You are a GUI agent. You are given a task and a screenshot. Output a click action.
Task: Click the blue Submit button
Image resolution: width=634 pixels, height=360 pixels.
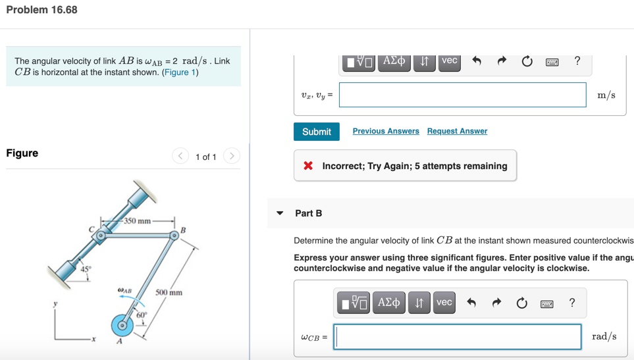(x=317, y=132)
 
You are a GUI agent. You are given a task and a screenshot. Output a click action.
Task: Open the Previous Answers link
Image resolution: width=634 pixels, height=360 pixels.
(x=386, y=131)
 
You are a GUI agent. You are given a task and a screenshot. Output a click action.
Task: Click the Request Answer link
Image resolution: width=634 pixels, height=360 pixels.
(x=457, y=131)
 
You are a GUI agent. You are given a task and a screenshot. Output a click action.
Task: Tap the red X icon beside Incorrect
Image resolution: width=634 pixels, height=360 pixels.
(x=308, y=166)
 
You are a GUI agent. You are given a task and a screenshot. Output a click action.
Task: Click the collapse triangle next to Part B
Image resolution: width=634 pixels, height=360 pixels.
(x=280, y=213)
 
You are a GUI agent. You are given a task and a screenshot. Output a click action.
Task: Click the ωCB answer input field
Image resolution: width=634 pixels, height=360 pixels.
(x=458, y=336)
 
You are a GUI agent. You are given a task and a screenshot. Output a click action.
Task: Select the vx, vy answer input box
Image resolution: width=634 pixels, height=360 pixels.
(x=462, y=95)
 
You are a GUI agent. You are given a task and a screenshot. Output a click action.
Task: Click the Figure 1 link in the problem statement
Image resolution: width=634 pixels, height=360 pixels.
(x=180, y=72)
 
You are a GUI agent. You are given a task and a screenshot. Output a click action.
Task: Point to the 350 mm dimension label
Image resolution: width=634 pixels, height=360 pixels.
(x=137, y=220)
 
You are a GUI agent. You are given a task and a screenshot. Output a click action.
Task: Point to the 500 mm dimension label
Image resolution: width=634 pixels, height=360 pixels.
(x=169, y=292)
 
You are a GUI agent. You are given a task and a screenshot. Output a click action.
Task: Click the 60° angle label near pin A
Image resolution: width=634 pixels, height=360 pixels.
(x=141, y=315)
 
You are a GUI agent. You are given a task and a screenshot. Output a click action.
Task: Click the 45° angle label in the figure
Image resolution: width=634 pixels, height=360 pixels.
(x=86, y=269)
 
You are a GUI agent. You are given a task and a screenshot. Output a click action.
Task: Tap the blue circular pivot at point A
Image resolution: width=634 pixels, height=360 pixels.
(x=122, y=324)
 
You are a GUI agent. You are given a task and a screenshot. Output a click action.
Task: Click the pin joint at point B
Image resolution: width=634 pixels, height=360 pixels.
(x=174, y=235)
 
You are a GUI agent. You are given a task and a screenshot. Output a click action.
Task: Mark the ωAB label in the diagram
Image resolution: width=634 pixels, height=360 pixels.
(x=124, y=290)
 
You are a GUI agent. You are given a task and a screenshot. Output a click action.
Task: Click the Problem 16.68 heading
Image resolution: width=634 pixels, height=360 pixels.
(x=41, y=10)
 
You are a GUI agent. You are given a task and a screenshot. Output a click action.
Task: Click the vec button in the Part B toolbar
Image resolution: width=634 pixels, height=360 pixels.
(x=444, y=302)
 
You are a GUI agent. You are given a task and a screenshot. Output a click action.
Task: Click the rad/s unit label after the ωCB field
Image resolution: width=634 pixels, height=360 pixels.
(x=604, y=336)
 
